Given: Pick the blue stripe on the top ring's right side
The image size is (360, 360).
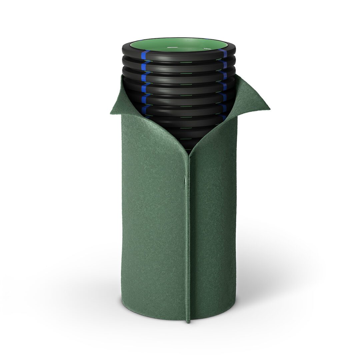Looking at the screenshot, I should [224, 53].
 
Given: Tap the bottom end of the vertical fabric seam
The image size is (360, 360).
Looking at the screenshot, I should [188, 321].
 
